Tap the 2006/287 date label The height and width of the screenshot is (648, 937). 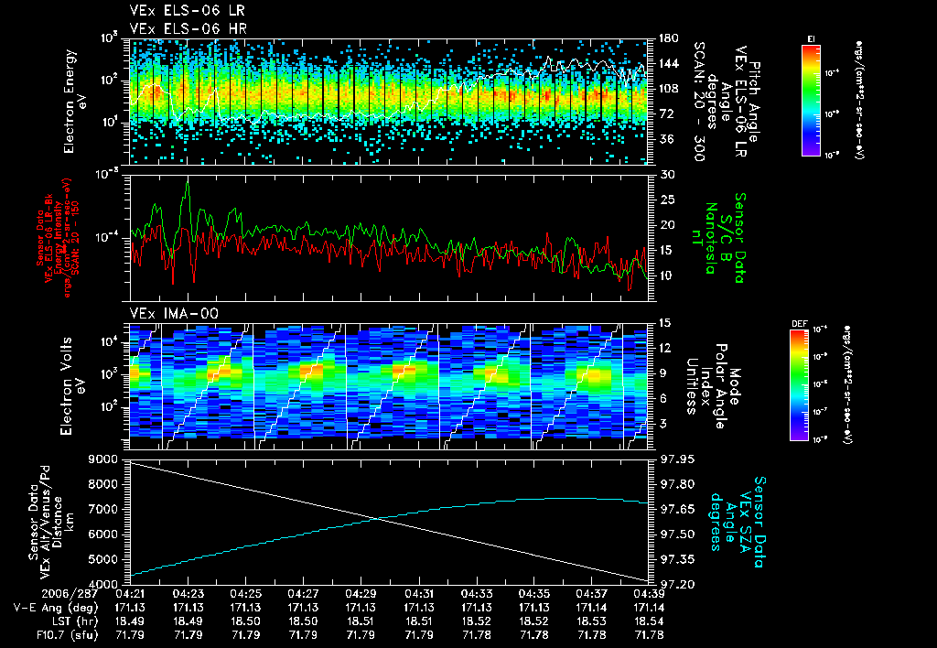[37, 593]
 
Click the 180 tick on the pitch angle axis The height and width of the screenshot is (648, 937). [666, 38]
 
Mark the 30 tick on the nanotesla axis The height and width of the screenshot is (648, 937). [666, 175]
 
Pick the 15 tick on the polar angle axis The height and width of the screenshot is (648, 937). [665, 322]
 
